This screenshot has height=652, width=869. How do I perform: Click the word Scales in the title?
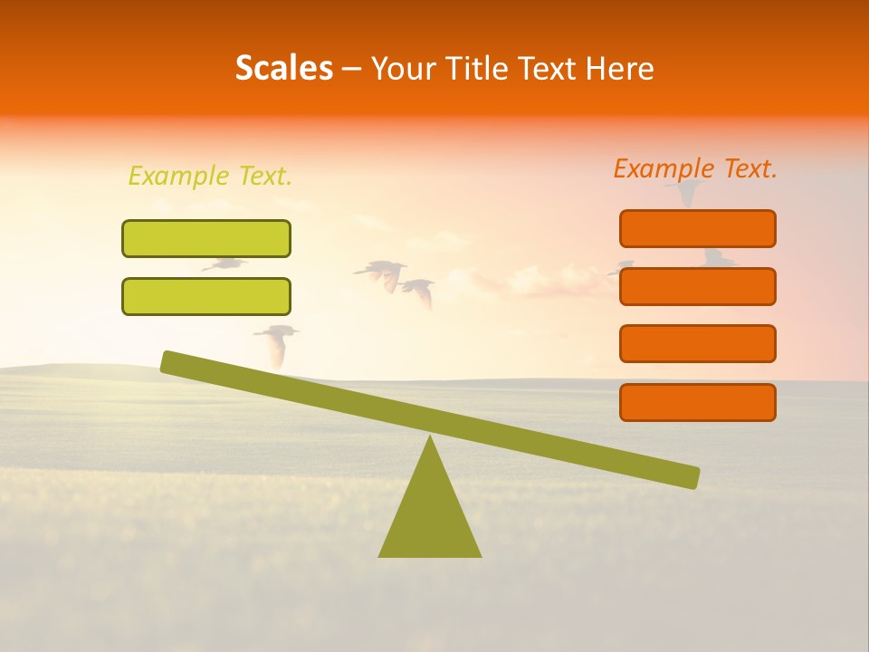click(284, 69)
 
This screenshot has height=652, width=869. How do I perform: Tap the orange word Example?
click(665, 168)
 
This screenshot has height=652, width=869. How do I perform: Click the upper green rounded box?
click(206, 238)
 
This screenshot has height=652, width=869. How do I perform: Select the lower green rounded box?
click(206, 296)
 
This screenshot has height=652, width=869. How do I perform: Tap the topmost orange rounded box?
click(698, 228)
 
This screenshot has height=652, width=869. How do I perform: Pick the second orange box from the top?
click(698, 286)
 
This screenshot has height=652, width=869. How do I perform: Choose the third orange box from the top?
click(698, 344)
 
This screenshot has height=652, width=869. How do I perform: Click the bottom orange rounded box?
click(698, 402)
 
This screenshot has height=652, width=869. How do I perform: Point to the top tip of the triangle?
click(430, 438)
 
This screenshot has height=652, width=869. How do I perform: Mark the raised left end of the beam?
click(168, 361)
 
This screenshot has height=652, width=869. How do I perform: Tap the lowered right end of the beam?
click(692, 477)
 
